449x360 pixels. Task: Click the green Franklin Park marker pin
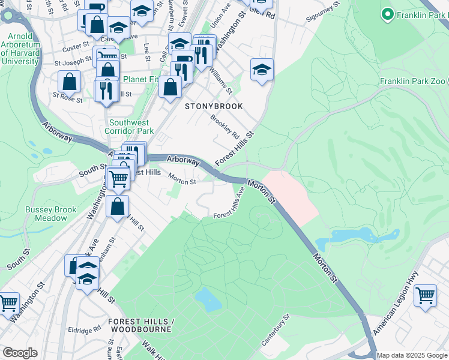[388, 13]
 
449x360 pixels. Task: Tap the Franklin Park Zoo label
[414, 81]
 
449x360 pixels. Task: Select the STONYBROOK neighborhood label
[214, 106]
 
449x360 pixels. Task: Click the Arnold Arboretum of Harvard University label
[20, 49]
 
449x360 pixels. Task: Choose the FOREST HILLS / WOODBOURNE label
[140, 325]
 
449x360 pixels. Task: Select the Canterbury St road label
[276, 330]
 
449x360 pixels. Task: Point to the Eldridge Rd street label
[85, 330]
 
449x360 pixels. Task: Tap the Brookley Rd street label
[224, 127]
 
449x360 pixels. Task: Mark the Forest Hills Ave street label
[231, 204]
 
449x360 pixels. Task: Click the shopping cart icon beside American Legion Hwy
[425, 295]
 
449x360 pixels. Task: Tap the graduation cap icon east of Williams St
[262, 69]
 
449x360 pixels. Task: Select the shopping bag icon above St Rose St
[70, 81]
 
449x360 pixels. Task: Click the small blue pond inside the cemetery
[207, 299]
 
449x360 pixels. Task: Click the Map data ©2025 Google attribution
[412, 355]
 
